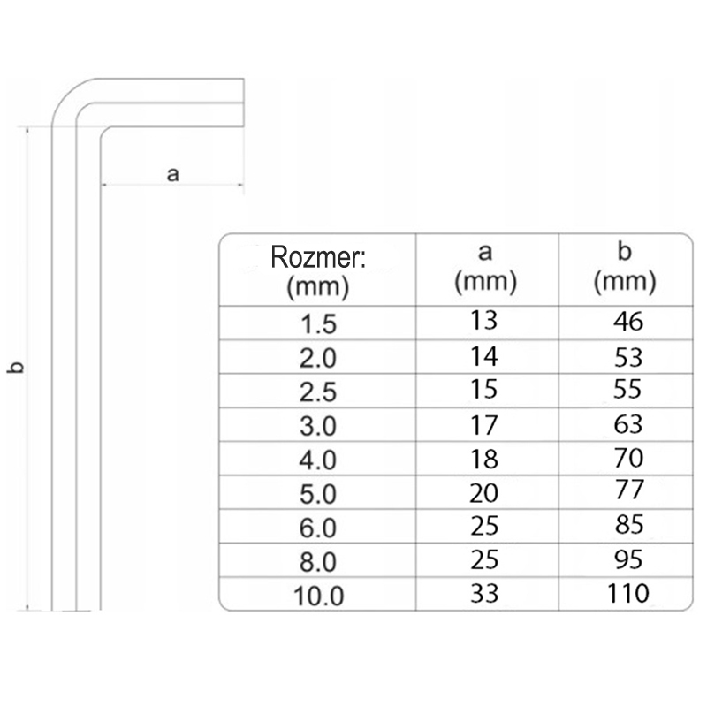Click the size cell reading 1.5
pyautogui.click(x=318, y=323)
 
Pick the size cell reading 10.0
pyautogui.click(x=318, y=595)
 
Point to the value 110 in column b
pyautogui.click(x=628, y=592)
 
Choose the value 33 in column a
pyautogui.click(x=484, y=593)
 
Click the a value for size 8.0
pyautogui.click(x=484, y=559)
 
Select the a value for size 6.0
pyautogui.click(x=484, y=525)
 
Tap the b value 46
pyautogui.click(x=628, y=322)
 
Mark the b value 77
pyautogui.click(x=629, y=490)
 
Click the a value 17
pyautogui.click(x=484, y=425)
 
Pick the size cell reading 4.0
pyautogui.click(x=318, y=460)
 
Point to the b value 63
pyautogui.click(x=628, y=424)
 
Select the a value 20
pyautogui.click(x=483, y=493)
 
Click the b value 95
pyautogui.click(x=628, y=559)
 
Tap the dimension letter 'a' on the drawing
pyautogui.click(x=172, y=174)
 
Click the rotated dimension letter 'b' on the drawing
pyautogui.click(x=16, y=368)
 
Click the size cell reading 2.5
pyautogui.click(x=318, y=392)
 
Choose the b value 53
pyautogui.click(x=628, y=357)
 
